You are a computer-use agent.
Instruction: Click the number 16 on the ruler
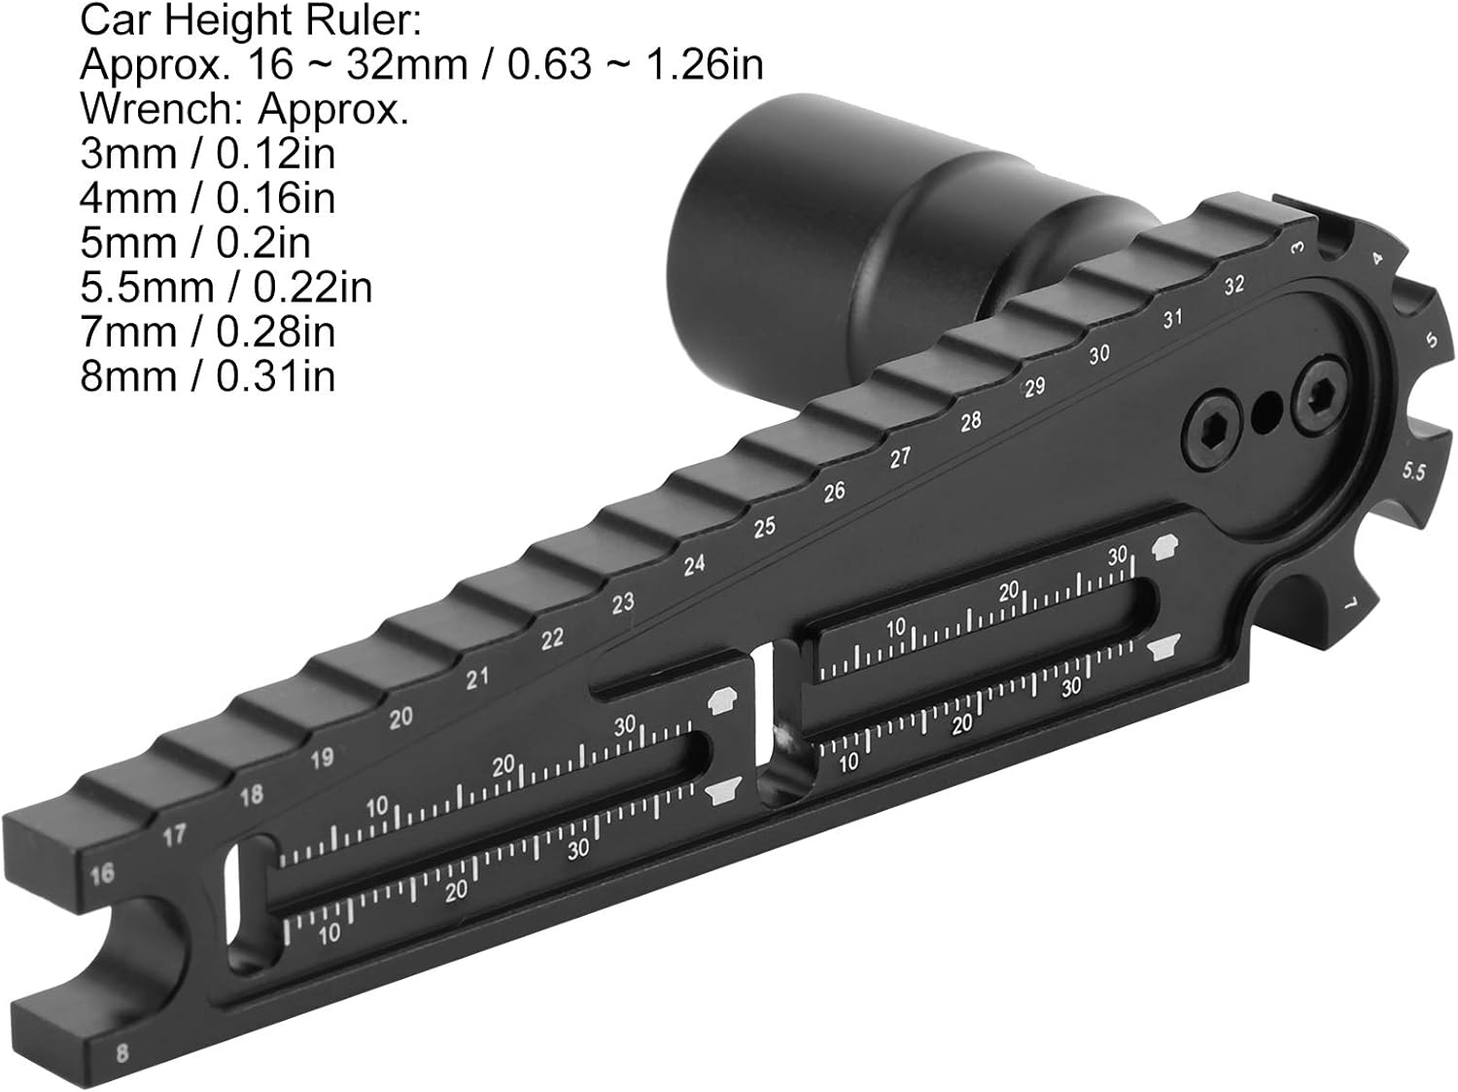coord(102,874)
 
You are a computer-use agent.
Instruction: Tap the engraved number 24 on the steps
coord(694,566)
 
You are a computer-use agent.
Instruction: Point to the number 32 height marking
coord(1234,286)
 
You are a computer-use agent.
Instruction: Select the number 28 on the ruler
coord(970,421)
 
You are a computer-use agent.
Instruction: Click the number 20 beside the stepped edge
coord(400,718)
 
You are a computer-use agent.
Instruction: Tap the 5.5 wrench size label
coord(1413,472)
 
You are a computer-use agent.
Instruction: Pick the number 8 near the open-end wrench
coord(121,1053)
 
